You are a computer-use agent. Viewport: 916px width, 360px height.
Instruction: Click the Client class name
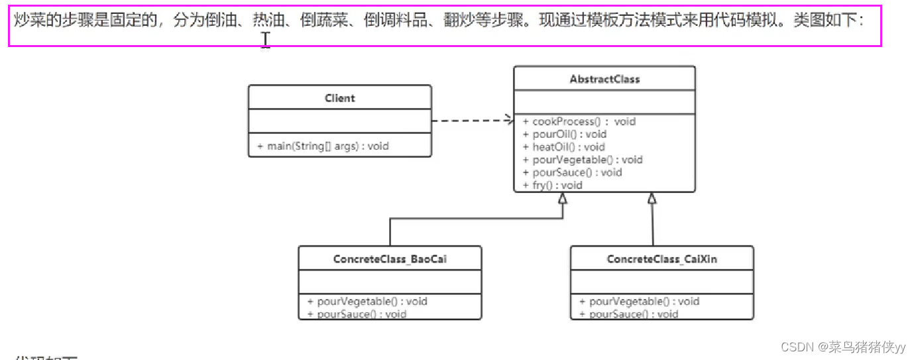(x=339, y=98)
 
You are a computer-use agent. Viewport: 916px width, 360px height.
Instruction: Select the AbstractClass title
(x=604, y=79)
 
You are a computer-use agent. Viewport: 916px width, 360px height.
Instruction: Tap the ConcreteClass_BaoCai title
(x=390, y=259)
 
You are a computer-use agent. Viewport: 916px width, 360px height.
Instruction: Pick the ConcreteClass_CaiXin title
(x=661, y=259)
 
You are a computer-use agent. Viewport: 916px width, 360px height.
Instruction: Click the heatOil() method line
(x=563, y=147)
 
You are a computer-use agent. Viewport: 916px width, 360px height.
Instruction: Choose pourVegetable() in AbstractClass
(x=582, y=159)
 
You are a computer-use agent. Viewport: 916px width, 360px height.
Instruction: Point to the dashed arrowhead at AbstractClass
(x=509, y=120)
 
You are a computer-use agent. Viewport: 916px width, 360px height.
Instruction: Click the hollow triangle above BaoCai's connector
(x=563, y=198)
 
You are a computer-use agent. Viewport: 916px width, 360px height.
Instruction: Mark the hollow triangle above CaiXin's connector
(x=652, y=198)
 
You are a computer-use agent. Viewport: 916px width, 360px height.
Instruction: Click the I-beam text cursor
(x=266, y=40)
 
